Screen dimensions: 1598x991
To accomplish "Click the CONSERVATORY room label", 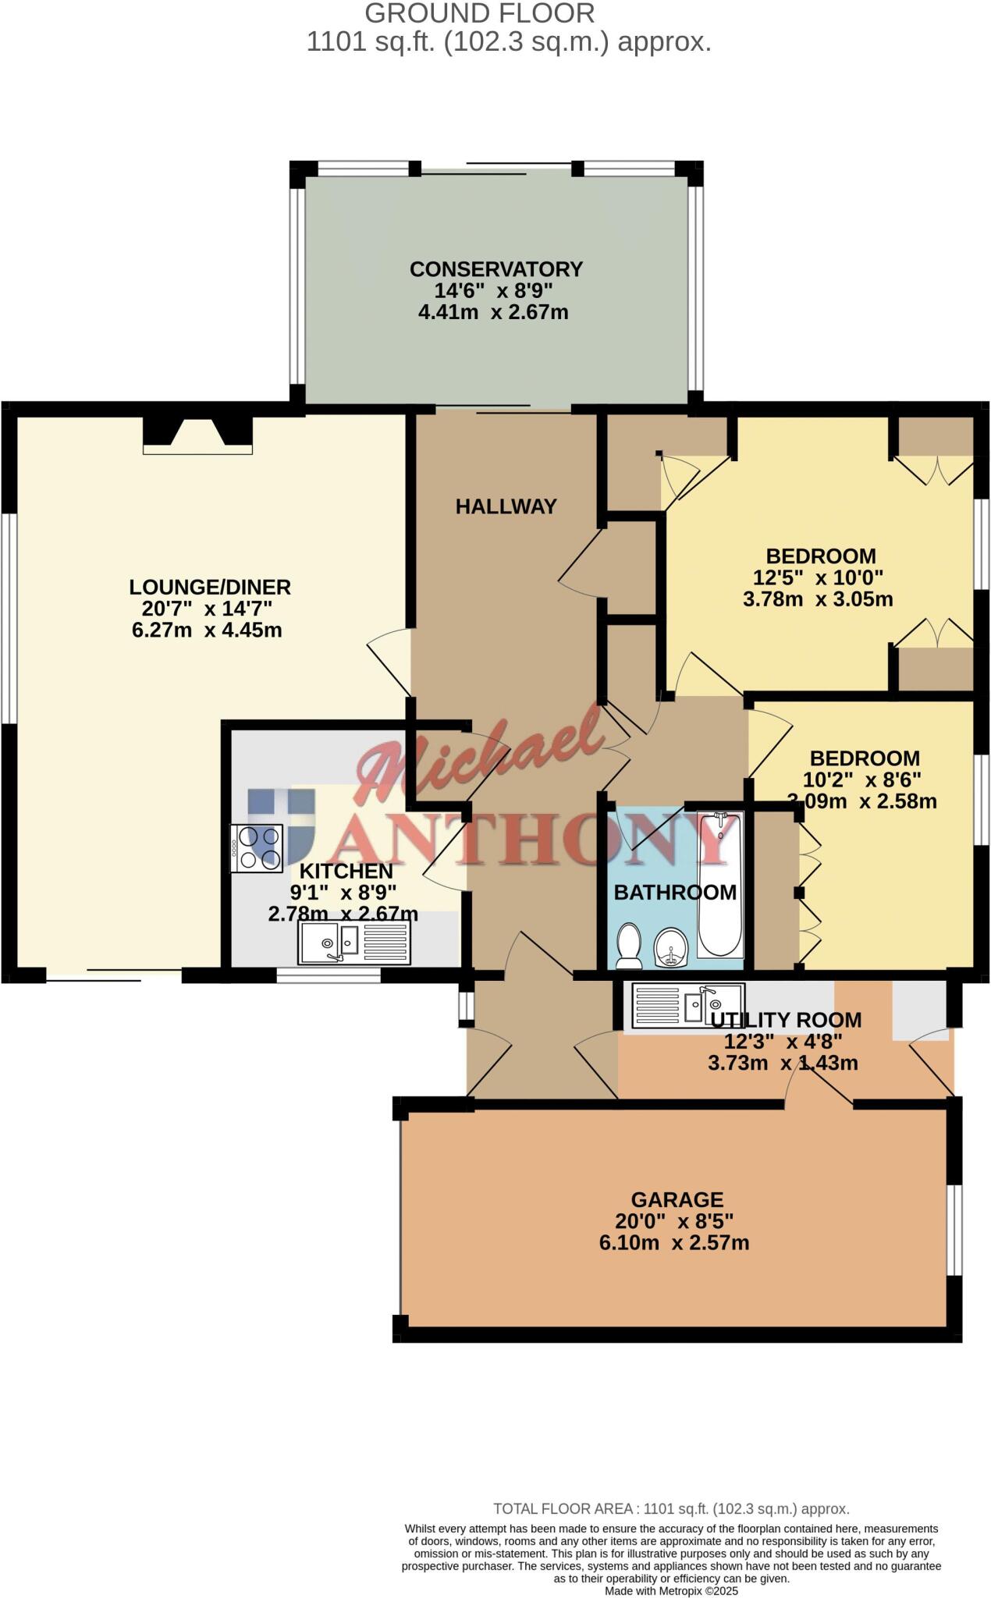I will click(496, 269).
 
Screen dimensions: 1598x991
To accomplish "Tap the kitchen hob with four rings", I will click(257, 847).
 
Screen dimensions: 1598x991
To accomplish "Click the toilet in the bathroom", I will click(628, 946).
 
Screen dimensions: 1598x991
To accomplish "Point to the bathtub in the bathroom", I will click(720, 885).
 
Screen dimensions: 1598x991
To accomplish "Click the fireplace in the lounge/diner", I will click(197, 435).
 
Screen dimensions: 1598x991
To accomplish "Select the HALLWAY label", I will click(506, 506).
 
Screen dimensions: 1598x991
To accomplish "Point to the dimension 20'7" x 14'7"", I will click(207, 609).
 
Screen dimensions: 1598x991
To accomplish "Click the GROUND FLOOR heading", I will click(479, 13).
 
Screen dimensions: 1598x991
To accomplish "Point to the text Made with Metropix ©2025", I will click(671, 1590).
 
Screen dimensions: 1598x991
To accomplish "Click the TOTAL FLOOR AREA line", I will click(671, 1509).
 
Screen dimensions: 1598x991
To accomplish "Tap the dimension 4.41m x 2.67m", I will click(493, 313).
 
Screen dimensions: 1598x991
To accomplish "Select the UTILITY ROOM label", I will click(785, 1020).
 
